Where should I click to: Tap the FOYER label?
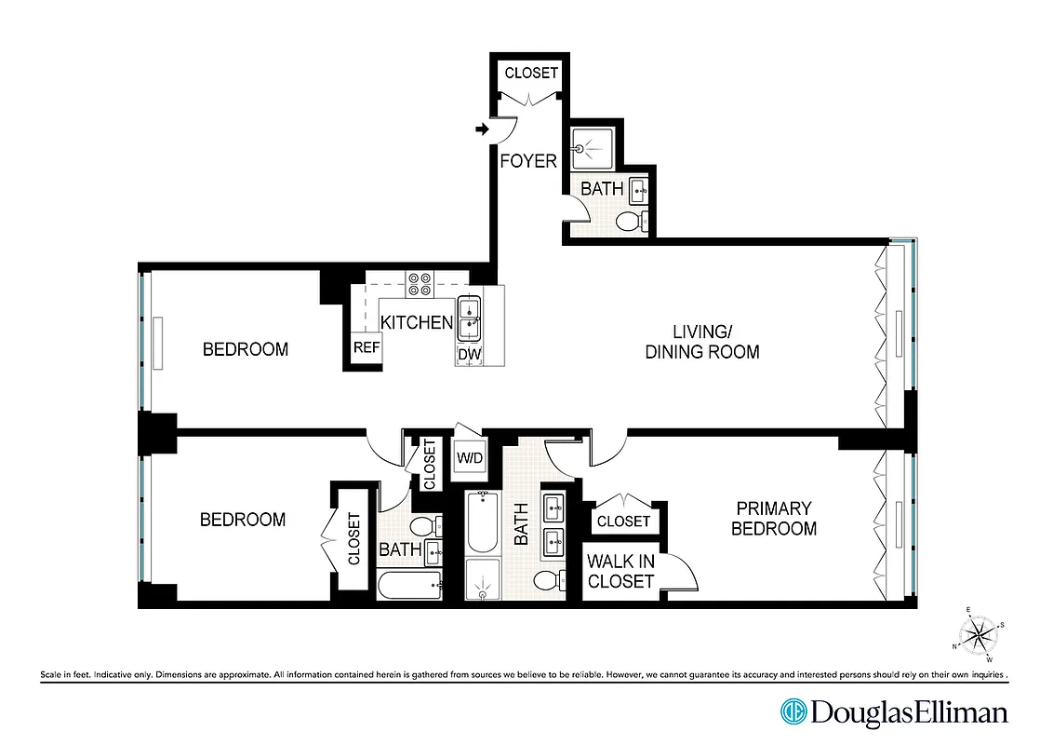(x=528, y=161)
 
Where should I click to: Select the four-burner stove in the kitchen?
(x=420, y=283)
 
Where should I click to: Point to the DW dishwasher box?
(x=468, y=355)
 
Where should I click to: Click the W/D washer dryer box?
(x=469, y=458)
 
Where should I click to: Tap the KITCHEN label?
(x=416, y=323)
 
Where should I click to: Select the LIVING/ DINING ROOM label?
(x=702, y=342)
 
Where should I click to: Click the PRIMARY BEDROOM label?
(x=773, y=519)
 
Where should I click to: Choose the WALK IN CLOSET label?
(x=620, y=571)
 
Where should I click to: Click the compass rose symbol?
(x=978, y=635)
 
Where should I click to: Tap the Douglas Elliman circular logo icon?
(x=793, y=712)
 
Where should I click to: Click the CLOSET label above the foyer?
(x=531, y=73)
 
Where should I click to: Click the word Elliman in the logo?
(x=958, y=713)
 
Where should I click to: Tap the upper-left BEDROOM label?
(x=246, y=349)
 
